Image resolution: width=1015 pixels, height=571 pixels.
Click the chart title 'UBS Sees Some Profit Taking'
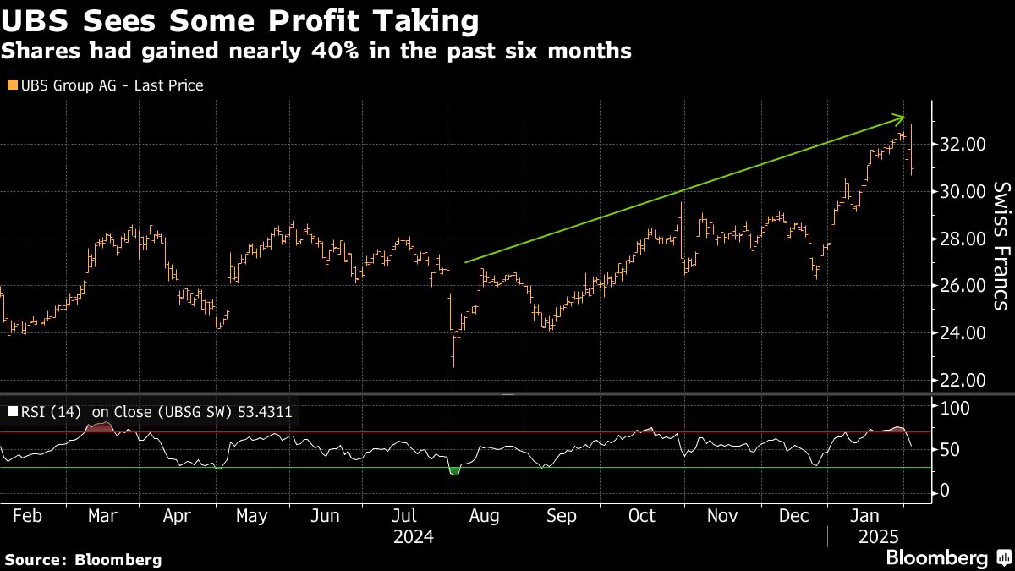tap(241, 20)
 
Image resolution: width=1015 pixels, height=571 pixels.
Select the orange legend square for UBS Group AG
tap(12, 85)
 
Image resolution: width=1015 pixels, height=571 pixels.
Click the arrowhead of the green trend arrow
tap(902, 118)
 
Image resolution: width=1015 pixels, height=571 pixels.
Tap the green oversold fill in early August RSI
tap(454, 470)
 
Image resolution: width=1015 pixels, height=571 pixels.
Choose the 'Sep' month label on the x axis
tap(562, 516)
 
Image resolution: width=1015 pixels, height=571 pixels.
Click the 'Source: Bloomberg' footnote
tap(83, 559)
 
